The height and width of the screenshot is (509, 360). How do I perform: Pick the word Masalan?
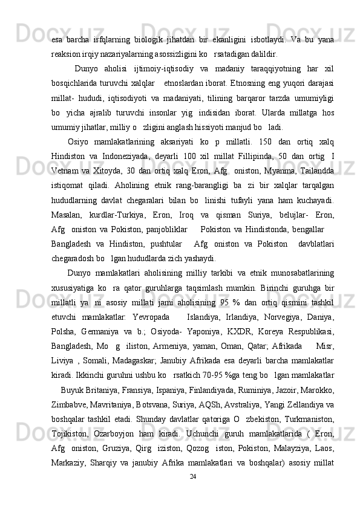(67, 234)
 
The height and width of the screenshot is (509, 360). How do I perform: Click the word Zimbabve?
(69, 438)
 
